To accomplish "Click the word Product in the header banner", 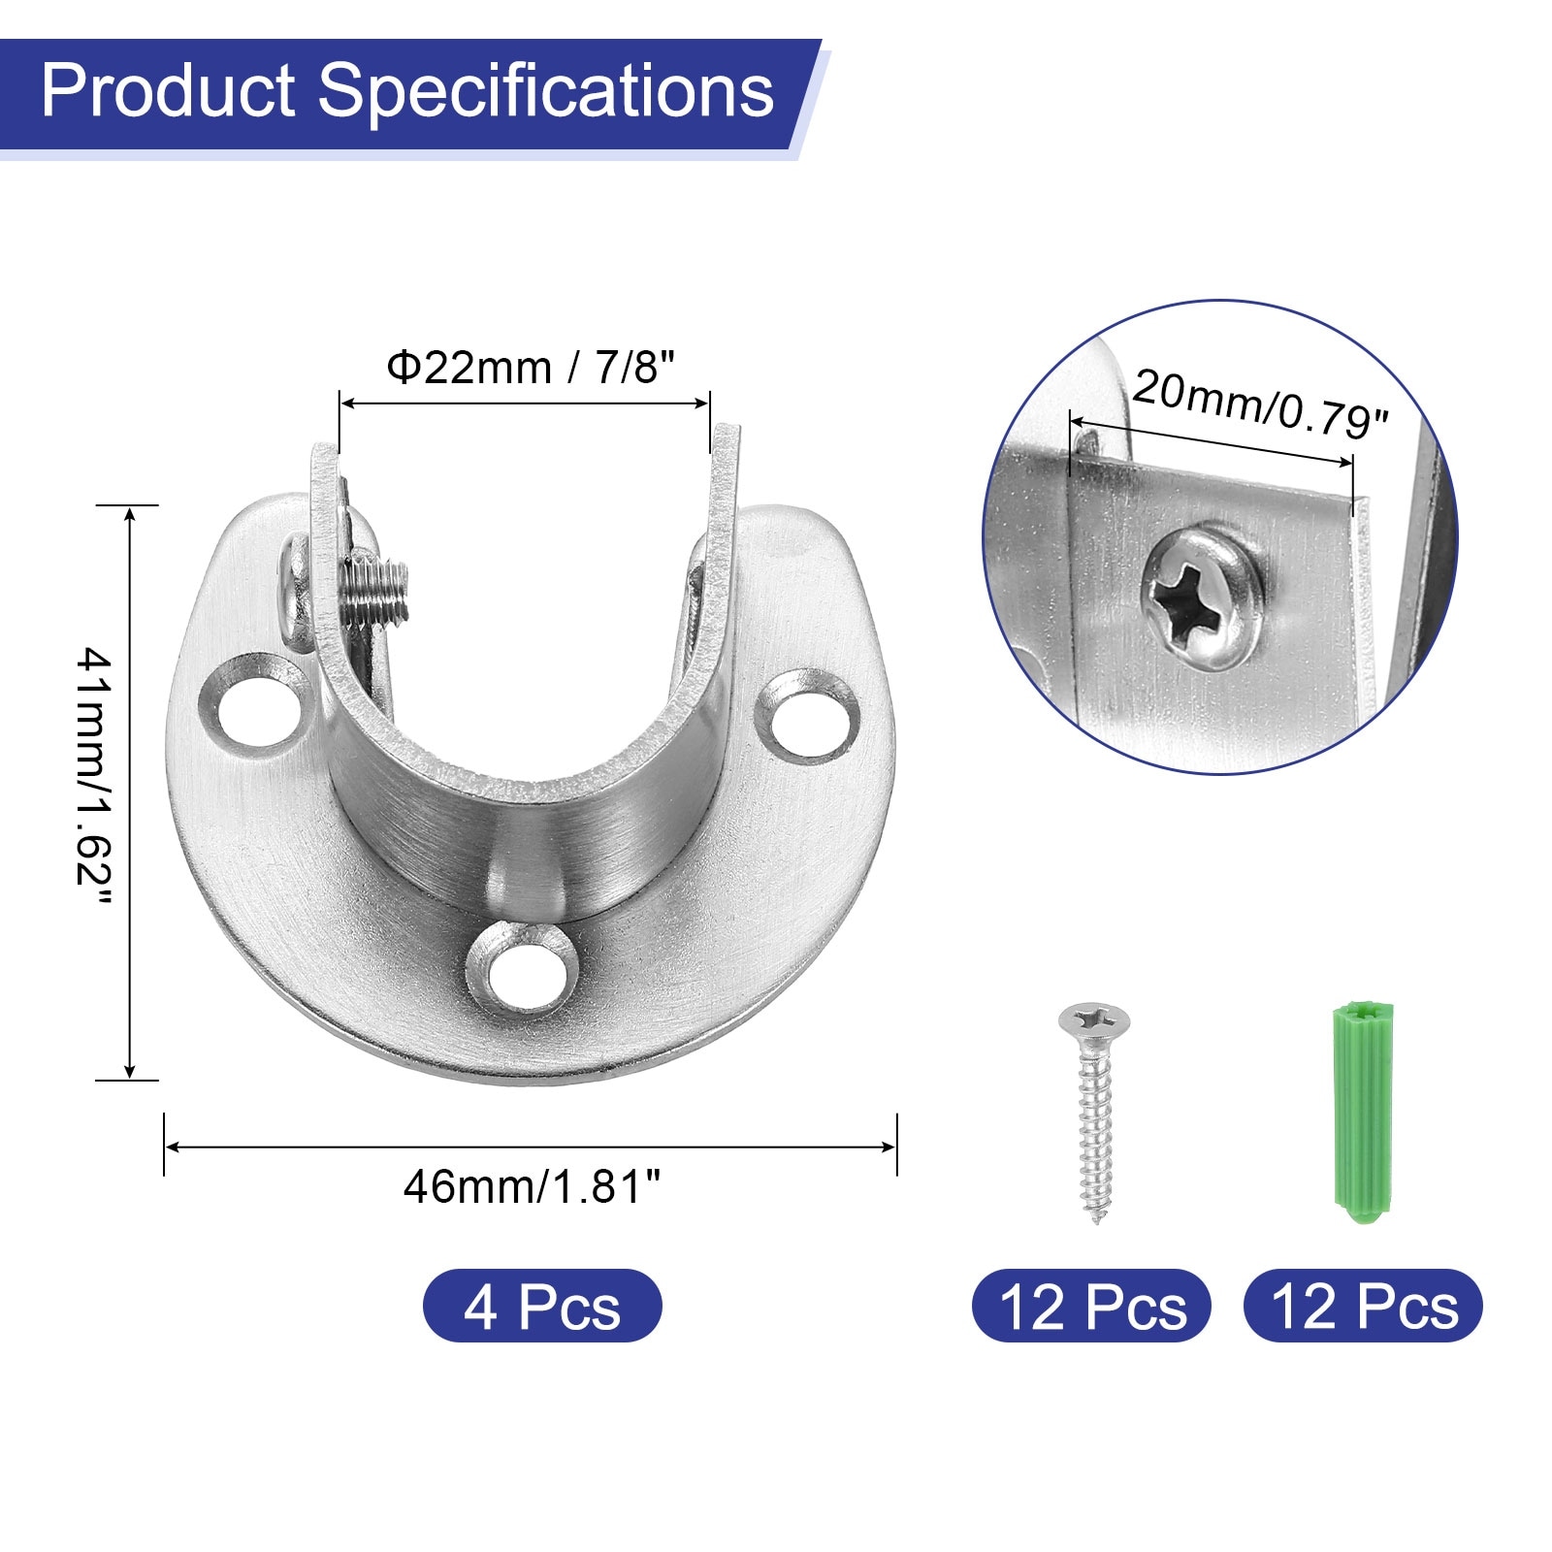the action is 168,91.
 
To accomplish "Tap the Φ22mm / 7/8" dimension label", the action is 530,368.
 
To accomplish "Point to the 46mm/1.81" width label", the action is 532,1187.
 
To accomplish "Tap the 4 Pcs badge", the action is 542,1306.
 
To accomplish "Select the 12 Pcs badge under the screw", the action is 1091,1306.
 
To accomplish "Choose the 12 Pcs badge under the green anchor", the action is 1363,1306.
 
